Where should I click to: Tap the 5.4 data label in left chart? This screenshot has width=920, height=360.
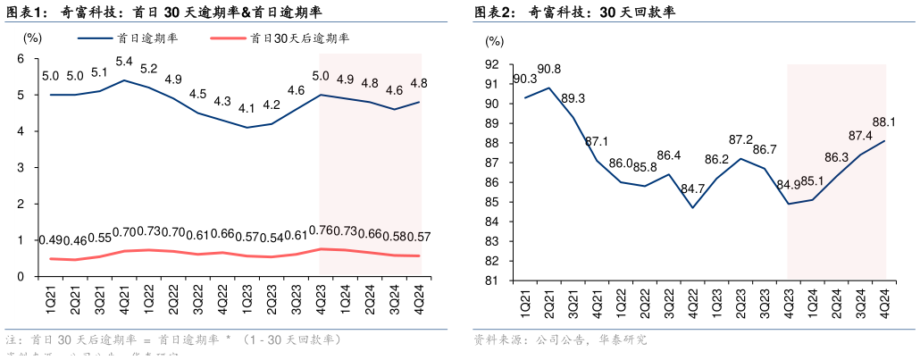tap(124, 62)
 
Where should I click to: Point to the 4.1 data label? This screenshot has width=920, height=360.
tap(247, 109)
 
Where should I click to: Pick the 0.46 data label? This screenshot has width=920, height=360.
tap(75, 241)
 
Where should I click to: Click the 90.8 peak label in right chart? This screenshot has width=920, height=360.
tap(548, 70)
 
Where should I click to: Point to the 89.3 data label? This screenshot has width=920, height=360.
tap(573, 98)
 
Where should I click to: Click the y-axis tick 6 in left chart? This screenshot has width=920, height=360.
tap(20, 59)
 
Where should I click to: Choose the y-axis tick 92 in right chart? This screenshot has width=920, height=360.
tap(492, 64)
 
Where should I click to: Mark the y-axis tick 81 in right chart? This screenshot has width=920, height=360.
tap(492, 280)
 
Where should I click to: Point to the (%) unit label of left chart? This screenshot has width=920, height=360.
tap(32, 38)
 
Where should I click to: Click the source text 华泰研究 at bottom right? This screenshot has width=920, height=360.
tap(624, 340)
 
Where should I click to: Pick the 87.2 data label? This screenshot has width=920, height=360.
tap(740, 139)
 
